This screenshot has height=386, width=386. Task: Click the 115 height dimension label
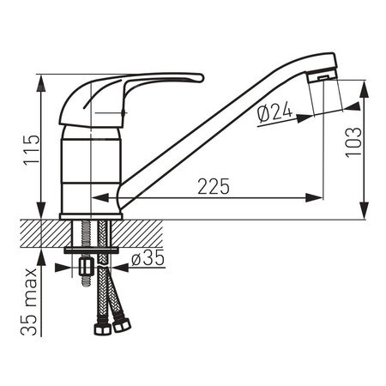tap(32, 149)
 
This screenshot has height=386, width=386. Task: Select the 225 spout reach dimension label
tap(214, 186)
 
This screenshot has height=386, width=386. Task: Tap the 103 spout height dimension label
tap(353, 142)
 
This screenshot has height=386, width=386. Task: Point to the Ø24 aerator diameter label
tap(274, 112)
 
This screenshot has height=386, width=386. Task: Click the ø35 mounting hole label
tap(148, 258)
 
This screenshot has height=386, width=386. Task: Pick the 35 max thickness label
tap(29, 302)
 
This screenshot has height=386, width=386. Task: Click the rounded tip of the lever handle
tap(201, 78)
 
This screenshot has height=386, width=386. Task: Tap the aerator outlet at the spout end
tap(323, 77)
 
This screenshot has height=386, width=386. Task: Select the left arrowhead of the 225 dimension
tap(100, 197)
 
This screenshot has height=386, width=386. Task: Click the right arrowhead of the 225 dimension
tap(314, 197)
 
